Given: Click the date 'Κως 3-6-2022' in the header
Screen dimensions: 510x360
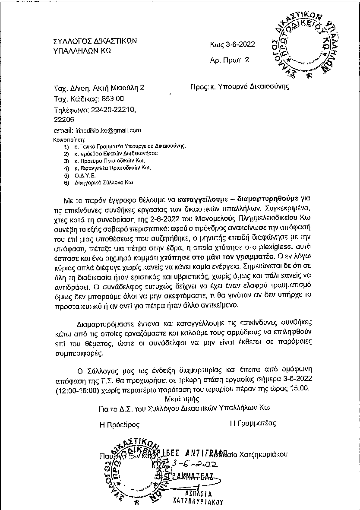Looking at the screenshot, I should (232, 44).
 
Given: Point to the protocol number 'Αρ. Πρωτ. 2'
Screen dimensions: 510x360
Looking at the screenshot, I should (229, 60).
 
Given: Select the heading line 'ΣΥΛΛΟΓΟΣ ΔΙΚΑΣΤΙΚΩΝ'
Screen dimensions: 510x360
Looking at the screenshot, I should (95, 41).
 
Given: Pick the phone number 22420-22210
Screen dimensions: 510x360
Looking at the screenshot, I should (112, 110).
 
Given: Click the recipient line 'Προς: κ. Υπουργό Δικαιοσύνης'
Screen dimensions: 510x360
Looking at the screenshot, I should (240, 86).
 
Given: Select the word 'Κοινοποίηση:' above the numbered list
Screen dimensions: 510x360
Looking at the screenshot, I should (69, 140).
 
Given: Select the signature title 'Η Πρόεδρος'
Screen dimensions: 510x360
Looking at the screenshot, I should (120, 424).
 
